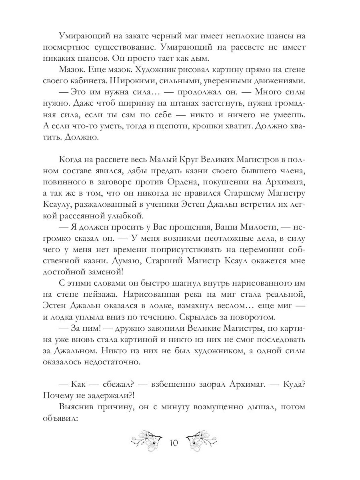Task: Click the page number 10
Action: [174, 443]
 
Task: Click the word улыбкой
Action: [123, 216]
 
